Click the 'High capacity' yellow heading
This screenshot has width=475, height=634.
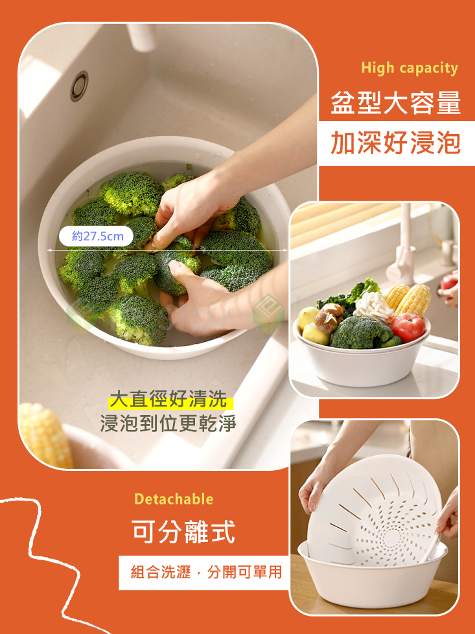tap(409, 68)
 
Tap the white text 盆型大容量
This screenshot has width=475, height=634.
tap(395, 104)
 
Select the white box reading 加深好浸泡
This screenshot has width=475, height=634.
tap(395, 143)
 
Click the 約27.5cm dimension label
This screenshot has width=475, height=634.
tap(97, 236)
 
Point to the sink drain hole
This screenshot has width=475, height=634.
tap(79, 85)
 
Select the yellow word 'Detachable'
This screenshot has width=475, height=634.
tap(173, 499)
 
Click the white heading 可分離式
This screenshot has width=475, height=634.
tap(183, 532)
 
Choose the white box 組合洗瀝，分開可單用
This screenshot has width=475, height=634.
tap(205, 572)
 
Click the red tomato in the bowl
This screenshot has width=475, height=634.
tap(408, 327)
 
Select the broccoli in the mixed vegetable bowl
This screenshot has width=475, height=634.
tap(363, 333)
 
